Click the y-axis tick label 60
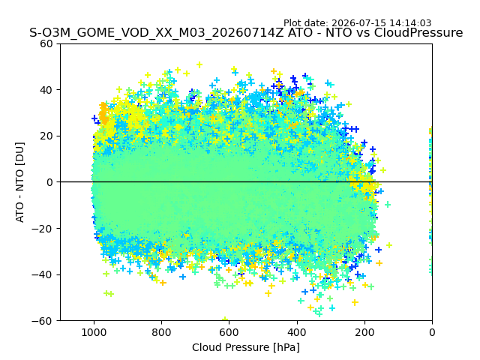click(x=46, y=43)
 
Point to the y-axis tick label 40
click(x=46, y=90)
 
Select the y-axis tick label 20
click(x=46, y=136)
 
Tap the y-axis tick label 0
click(x=49, y=182)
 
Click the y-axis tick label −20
click(x=42, y=229)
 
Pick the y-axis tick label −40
click(x=42, y=275)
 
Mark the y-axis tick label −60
click(x=42, y=321)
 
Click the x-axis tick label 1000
click(x=94, y=332)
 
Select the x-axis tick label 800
click(x=162, y=332)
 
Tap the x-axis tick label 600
click(x=229, y=332)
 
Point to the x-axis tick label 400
click(x=297, y=332)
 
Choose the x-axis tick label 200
click(x=364, y=332)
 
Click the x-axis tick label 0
click(x=432, y=332)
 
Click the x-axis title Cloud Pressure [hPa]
click(x=246, y=347)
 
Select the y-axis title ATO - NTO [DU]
click(x=19, y=182)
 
